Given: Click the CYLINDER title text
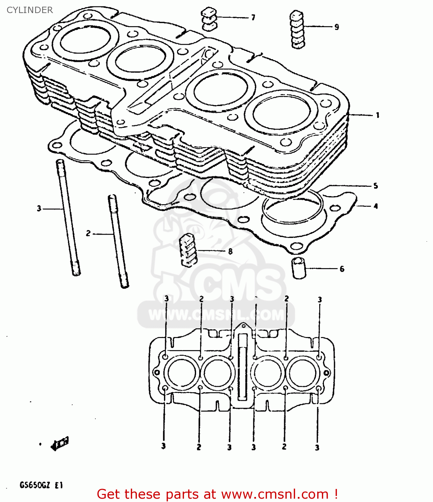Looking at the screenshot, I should tap(30, 10).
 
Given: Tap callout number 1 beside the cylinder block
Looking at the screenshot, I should tap(377, 115).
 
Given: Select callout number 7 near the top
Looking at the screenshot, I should tap(253, 17).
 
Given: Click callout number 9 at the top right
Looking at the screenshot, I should tap(337, 27).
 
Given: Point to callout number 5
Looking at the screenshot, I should tap(375, 186).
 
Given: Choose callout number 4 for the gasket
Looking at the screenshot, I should tap(375, 206).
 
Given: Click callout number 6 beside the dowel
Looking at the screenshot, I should tap(342, 269).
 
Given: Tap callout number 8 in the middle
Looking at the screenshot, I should tap(230, 251).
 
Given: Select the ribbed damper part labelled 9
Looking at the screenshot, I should tap(297, 29).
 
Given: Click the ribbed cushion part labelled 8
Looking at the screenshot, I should tap(188, 250).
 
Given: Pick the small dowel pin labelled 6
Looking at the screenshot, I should tap(298, 267).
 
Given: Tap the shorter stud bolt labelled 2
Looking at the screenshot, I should tap(118, 241).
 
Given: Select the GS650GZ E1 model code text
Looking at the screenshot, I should tap(41, 485).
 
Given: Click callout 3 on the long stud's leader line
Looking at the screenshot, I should tap(39, 209).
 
